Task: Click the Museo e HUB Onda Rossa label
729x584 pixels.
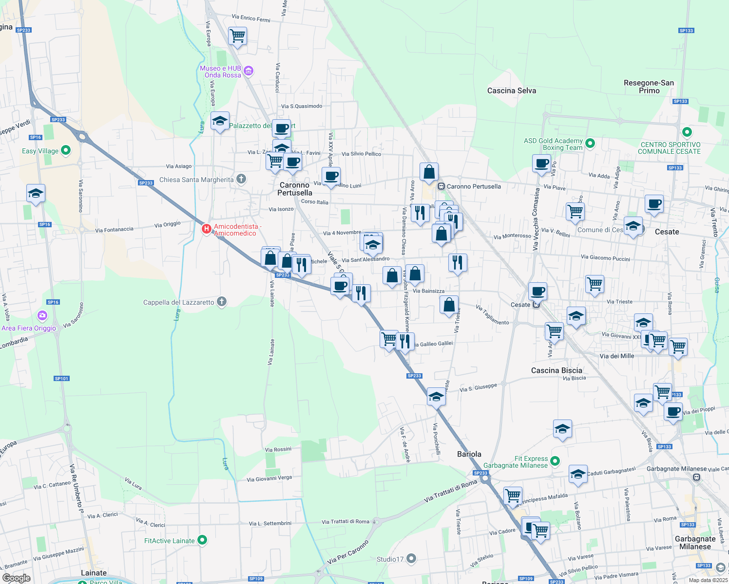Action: point(220,72)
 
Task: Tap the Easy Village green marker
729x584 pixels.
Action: point(66,150)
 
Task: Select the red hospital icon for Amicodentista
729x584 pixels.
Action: point(207,228)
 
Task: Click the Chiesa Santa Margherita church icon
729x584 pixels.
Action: point(241,179)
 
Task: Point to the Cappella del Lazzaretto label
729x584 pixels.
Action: point(178,302)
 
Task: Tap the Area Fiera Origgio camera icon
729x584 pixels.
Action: point(42,316)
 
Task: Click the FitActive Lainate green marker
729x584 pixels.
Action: point(202,540)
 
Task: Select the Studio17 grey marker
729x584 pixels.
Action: point(411,558)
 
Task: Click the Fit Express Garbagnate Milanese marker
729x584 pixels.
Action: point(555,460)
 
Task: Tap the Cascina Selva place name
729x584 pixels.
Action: point(512,91)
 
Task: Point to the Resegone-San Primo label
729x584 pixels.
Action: point(649,87)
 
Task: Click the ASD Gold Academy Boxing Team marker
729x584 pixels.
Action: point(590,144)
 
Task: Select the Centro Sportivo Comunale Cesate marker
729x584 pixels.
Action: point(687,132)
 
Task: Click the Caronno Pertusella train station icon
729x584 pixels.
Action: point(441,186)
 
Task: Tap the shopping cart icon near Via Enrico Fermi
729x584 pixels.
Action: point(238,36)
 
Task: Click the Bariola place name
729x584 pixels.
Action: point(469,454)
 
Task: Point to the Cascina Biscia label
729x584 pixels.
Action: point(556,370)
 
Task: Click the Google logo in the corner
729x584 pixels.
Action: point(17,578)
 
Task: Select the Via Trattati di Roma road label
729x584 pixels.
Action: point(450,492)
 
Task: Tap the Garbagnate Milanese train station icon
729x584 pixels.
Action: point(697,477)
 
